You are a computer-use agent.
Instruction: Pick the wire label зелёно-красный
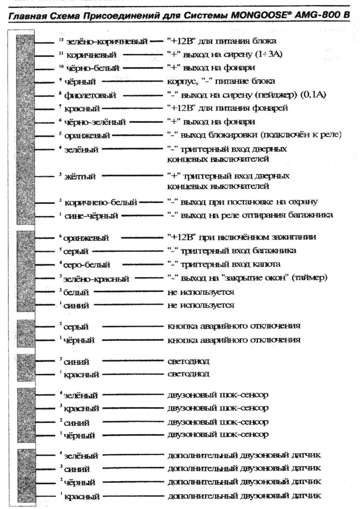click(x=95, y=278)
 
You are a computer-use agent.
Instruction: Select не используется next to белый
click(x=201, y=291)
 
